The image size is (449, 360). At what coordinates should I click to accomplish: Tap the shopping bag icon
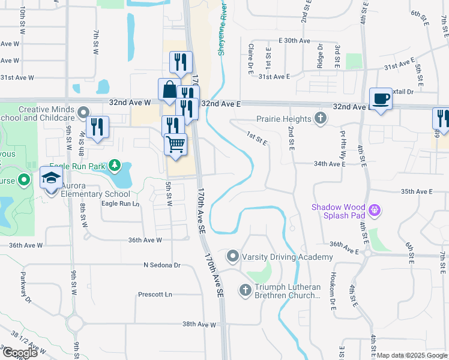pyautogui.click(x=169, y=90)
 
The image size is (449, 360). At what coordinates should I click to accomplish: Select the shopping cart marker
pyautogui.click(x=175, y=144)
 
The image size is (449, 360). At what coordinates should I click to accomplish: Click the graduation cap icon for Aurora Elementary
pyautogui.click(x=51, y=178)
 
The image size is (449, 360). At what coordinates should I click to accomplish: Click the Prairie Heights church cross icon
pyautogui.click(x=321, y=119)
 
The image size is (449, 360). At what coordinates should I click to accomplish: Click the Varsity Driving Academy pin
pyautogui.click(x=233, y=257)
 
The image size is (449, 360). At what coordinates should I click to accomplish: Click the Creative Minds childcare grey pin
pyautogui.click(x=83, y=110)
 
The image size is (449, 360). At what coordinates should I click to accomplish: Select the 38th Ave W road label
pyautogui.click(x=199, y=325)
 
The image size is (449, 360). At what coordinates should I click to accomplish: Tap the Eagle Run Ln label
pyautogui.click(x=120, y=203)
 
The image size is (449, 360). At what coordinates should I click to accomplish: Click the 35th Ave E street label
pyautogui.click(x=417, y=191)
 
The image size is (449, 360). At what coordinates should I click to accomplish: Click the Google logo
pyautogui.click(x=19, y=352)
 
